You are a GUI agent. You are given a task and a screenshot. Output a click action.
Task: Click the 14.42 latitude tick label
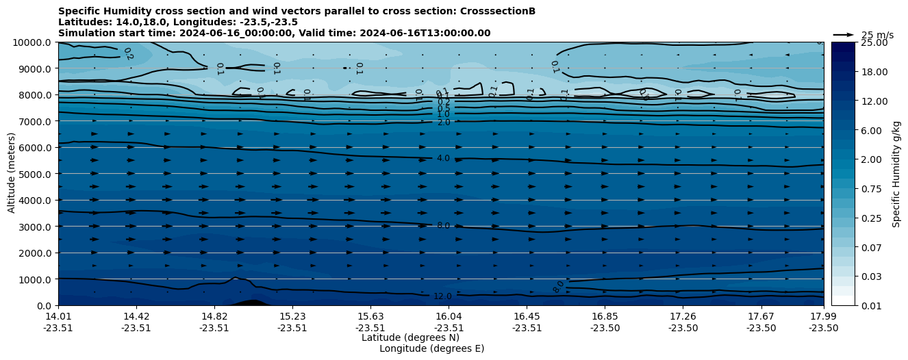click(x=136, y=316)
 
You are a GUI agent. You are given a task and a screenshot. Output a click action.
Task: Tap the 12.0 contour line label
click(x=442, y=296)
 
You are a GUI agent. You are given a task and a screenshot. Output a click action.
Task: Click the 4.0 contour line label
click(x=443, y=158)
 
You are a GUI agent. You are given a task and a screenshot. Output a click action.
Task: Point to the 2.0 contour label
click(x=444, y=123)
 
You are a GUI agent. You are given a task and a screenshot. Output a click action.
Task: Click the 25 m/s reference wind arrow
click(x=844, y=35)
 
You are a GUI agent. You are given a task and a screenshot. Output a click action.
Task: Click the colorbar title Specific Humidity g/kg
click(x=897, y=174)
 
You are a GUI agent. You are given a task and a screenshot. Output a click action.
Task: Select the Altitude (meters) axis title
click(x=12, y=174)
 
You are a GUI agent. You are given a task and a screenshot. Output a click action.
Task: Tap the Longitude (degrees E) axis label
click(x=431, y=348)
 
